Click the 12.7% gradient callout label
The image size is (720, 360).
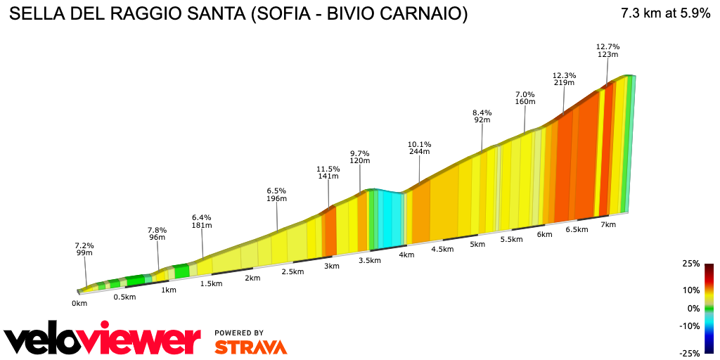(607, 50)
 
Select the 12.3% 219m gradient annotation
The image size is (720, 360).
(564, 79)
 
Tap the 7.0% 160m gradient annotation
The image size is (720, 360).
(525, 98)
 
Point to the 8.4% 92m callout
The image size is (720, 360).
(482, 116)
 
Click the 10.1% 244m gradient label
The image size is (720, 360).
(420, 147)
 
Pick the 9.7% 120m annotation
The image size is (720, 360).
(360, 157)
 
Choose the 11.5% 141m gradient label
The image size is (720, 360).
(328, 172)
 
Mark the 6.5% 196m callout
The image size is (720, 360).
(276, 194)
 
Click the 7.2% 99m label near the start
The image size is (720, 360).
(84, 249)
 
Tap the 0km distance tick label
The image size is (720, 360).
(79, 304)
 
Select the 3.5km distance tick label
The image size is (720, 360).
(369, 260)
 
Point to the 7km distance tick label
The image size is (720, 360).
(608, 224)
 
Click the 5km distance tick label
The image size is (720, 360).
(477, 244)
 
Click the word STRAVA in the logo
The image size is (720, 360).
(250, 347)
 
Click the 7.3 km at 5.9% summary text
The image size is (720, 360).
(665, 13)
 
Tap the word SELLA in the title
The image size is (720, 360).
(34, 14)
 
